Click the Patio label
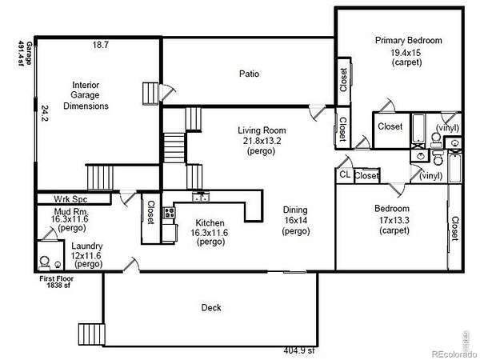click(249, 74)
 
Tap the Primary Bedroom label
click(408, 41)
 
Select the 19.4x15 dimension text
click(406, 53)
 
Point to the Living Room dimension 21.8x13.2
click(262, 141)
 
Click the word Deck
click(211, 308)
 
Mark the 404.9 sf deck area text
click(299, 350)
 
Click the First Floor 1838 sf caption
click(57, 282)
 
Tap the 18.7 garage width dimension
click(101, 45)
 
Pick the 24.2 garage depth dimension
click(45, 114)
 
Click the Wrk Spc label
click(70, 199)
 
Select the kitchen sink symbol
click(201, 197)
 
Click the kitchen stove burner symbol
click(169, 213)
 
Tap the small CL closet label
click(345, 174)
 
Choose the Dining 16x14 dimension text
click(295, 221)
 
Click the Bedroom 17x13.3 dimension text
click(394, 220)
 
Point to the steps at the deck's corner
click(92, 335)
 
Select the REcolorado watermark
click(454, 354)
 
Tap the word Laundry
click(87, 246)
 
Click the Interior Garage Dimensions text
click(86, 95)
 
